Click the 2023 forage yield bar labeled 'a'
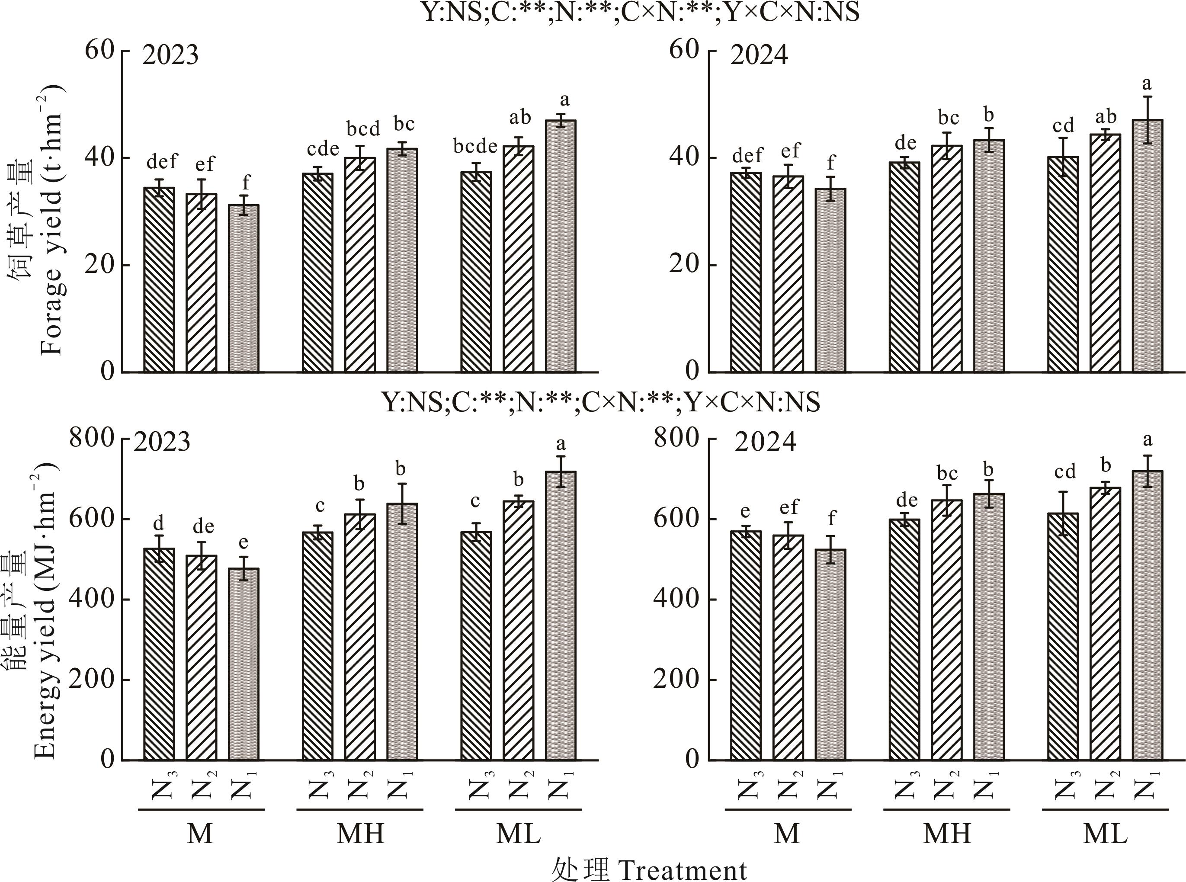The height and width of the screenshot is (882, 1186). point(561,246)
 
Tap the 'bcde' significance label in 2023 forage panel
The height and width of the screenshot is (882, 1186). point(475,146)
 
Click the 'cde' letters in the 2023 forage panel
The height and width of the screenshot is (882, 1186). point(323,149)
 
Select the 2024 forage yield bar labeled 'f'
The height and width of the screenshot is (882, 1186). point(830,280)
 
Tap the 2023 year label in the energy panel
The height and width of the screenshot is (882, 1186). point(162,442)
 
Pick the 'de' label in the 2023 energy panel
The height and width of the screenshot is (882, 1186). point(203,527)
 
